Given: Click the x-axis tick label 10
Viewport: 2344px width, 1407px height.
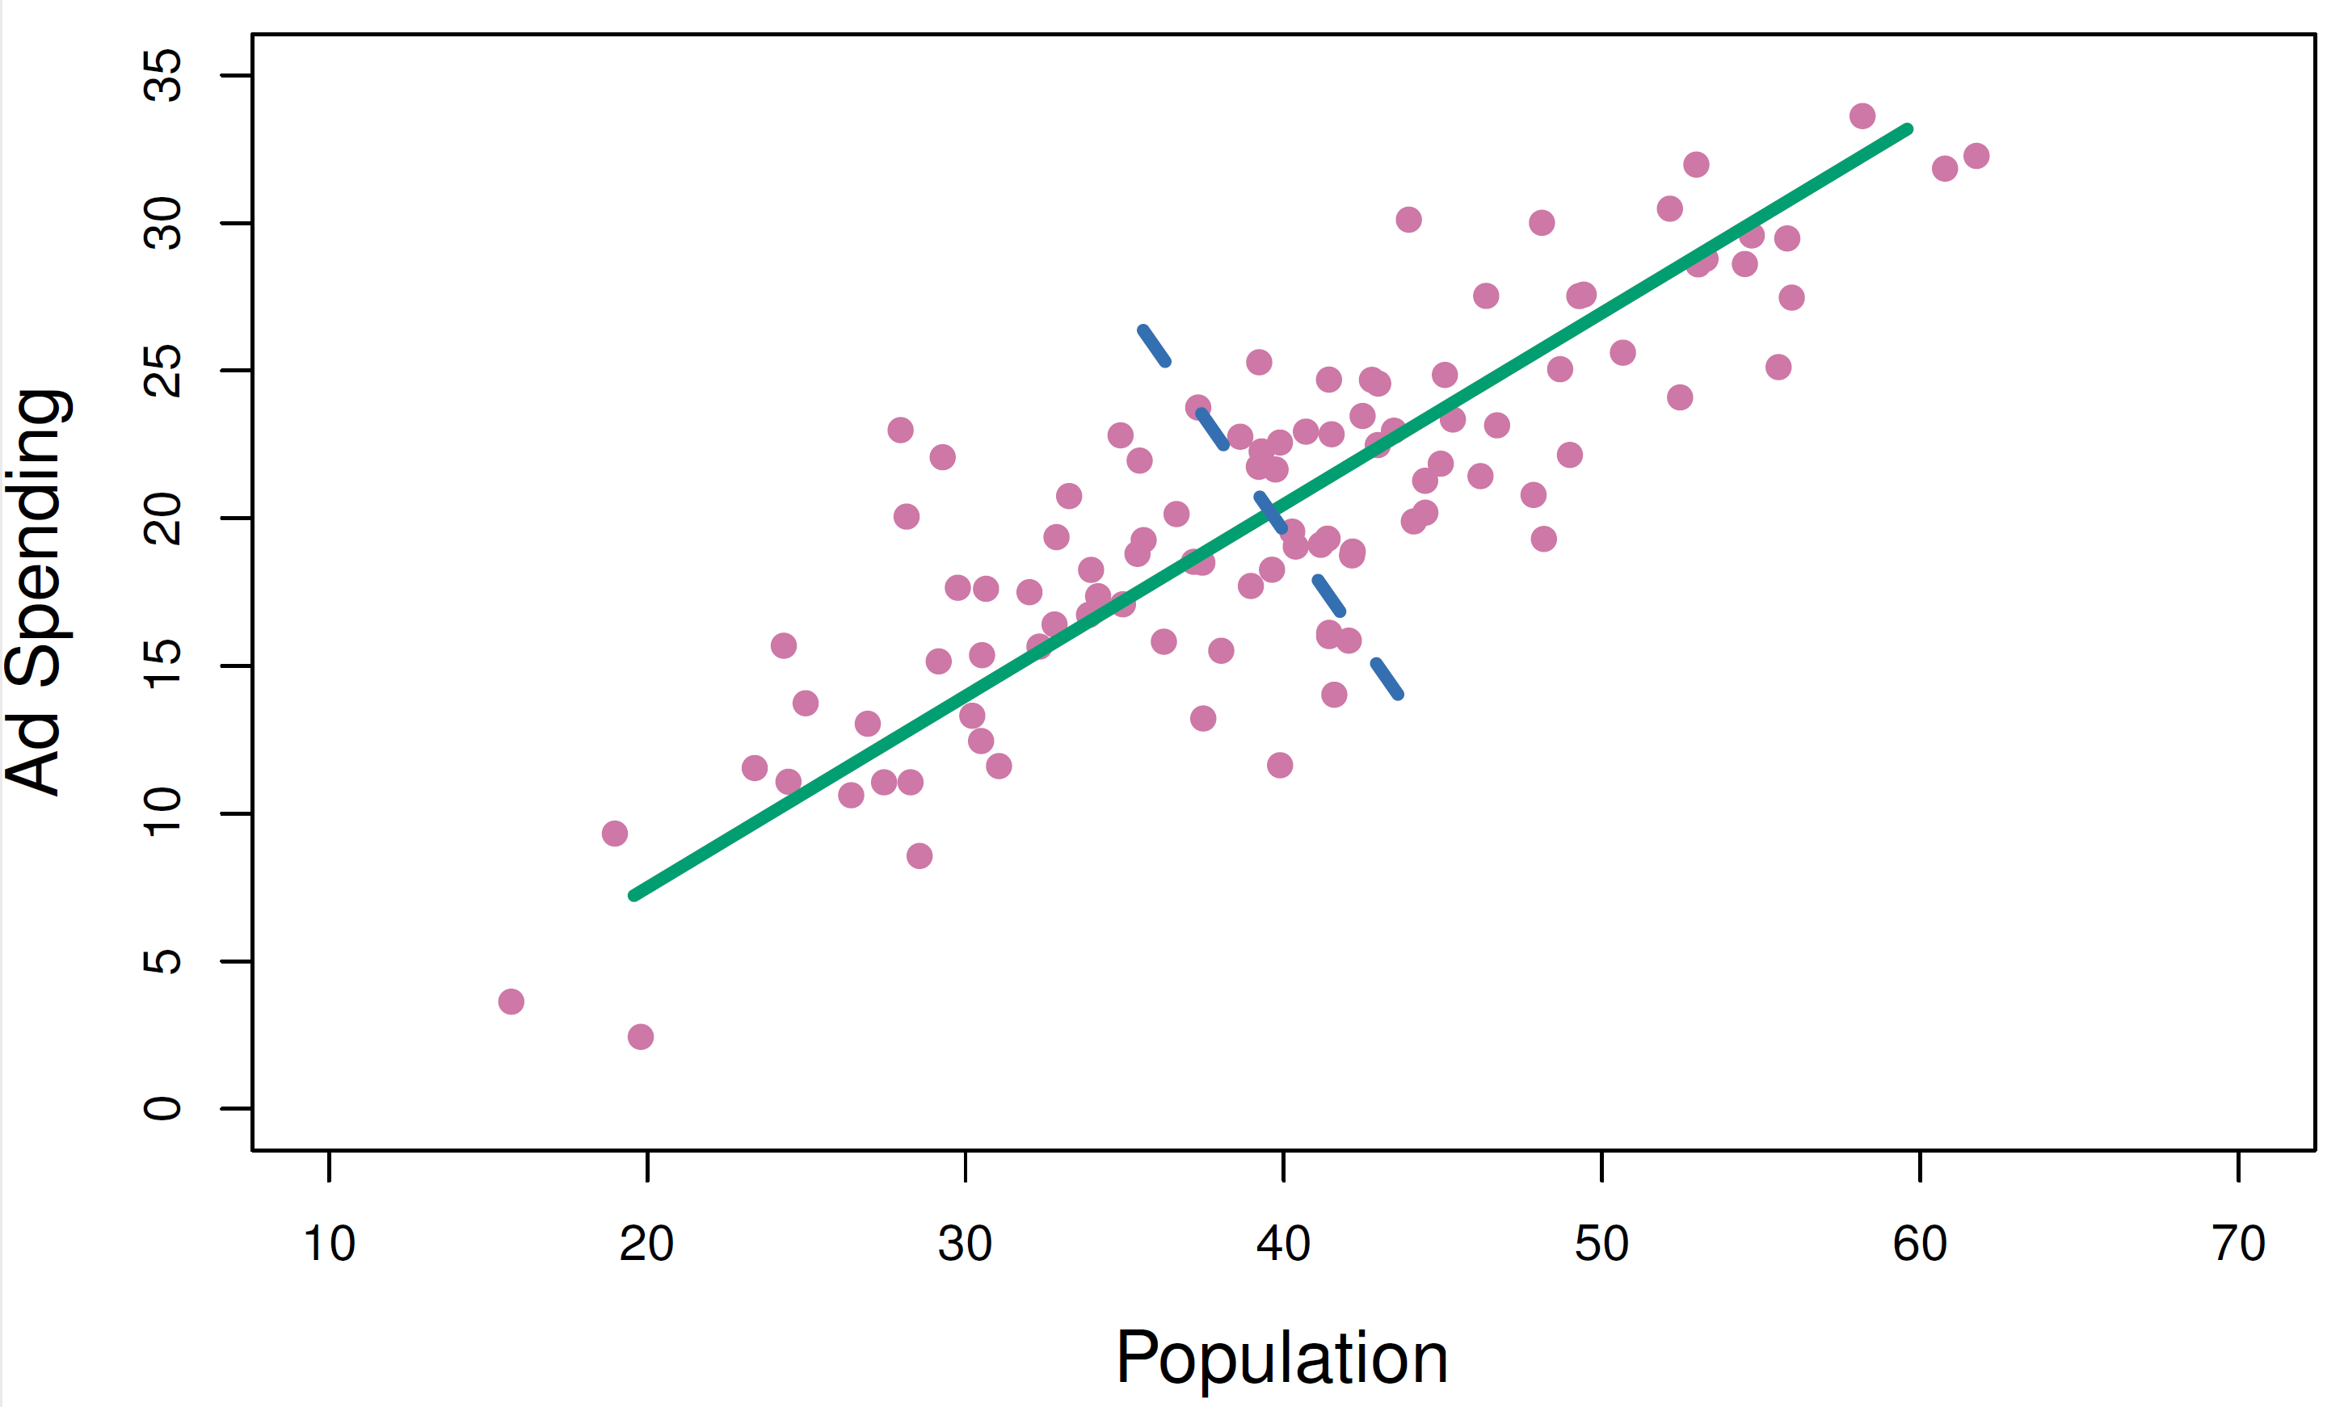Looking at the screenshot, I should [x=329, y=1244].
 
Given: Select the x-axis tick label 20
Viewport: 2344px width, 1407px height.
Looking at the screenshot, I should [x=646, y=1244].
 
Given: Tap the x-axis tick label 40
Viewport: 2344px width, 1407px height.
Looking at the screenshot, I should [x=1283, y=1244].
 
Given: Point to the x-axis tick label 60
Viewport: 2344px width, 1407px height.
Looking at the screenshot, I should [x=1919, y=1244].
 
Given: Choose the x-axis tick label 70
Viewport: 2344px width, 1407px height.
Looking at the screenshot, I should [x=2238, y=1244].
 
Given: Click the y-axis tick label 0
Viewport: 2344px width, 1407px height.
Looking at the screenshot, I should [x=162, y=1108].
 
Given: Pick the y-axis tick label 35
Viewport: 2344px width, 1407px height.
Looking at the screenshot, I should [x=162, y=75].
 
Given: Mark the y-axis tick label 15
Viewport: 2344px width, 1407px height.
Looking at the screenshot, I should [x=162, y=666].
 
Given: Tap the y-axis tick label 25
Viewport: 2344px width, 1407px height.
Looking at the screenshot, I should [x=162, y=370].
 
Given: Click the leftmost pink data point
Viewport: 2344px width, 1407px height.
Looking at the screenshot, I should [x=511, y=1002].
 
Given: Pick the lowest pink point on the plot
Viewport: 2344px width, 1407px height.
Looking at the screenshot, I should [x=640, y=1036].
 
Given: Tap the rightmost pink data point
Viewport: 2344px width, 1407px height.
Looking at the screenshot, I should [x=1976, y=156].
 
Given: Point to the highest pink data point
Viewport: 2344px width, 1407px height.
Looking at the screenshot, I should [x=1862, y=115].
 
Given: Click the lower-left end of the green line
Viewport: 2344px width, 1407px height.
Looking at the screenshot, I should [x=633, y=896].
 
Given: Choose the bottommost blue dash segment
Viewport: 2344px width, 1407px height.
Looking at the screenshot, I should [x=1387, y=678].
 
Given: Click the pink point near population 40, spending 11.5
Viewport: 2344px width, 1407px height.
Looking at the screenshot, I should [x=1279, y=765].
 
